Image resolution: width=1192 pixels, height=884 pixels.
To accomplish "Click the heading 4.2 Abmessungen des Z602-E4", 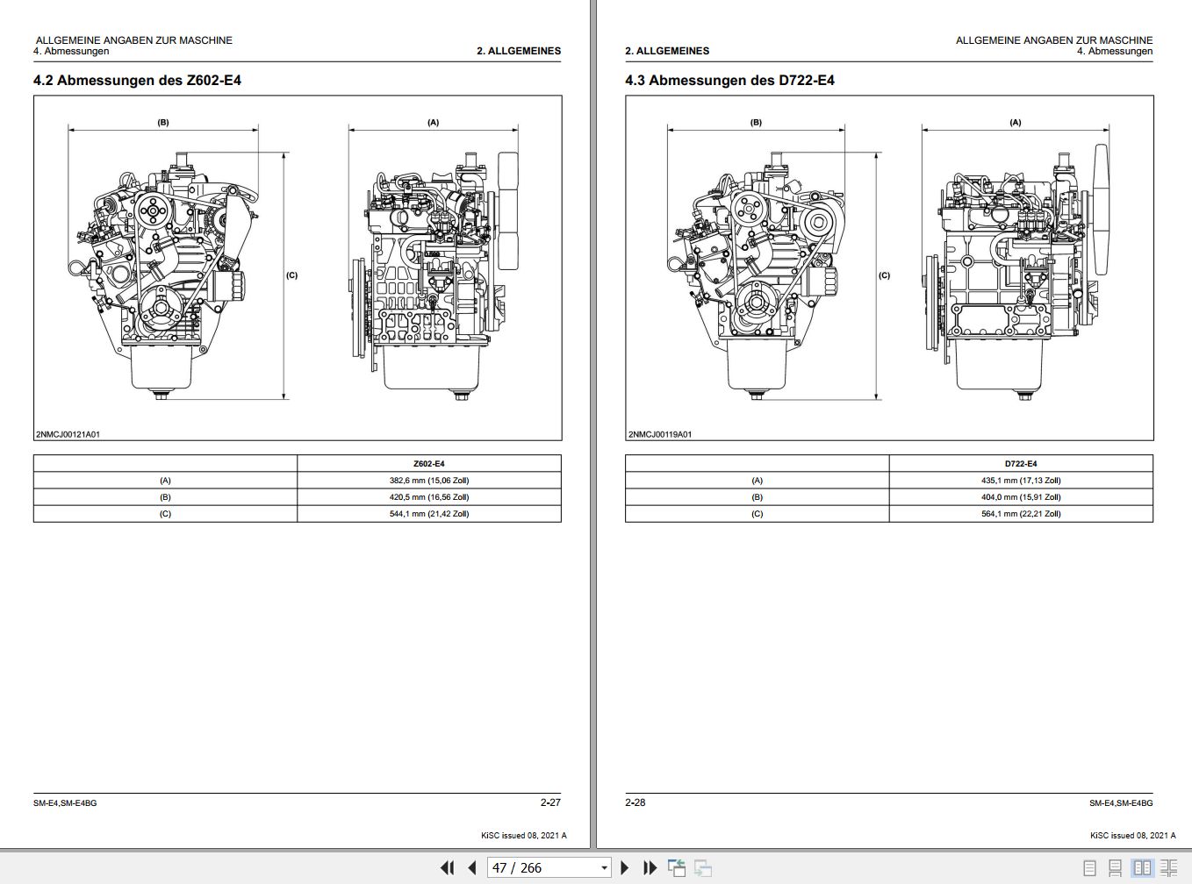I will click(137, 81).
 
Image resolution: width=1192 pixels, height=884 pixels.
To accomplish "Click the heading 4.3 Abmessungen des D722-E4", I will click(729, 81).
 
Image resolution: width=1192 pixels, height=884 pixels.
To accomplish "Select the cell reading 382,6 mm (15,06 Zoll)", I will click(428, 481).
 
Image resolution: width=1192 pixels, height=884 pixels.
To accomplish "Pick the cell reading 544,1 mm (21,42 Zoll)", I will click(428, 514).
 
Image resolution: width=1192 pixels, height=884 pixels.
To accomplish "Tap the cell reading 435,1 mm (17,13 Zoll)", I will click(1020, 481).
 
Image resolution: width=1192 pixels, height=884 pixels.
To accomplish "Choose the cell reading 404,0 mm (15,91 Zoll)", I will click(1020, 497).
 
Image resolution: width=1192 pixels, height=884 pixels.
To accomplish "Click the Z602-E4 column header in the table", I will click(428, 464).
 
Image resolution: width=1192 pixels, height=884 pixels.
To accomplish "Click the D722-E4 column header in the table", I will click(1020, 464).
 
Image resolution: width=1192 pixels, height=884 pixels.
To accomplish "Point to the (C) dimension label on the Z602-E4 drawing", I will click(291, 275).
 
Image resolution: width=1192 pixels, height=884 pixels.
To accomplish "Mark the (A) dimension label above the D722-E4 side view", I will click(1015, 123).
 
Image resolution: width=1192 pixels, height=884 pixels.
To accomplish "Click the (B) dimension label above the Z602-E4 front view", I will click(163, 123).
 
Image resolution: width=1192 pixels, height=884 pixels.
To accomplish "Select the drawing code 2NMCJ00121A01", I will click(68, 434).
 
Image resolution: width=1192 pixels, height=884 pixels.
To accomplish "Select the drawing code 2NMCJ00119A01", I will click(660, 434).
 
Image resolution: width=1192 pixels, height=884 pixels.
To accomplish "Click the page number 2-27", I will click(549, 802).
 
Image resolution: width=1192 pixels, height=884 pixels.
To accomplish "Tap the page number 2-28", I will click(635, 802).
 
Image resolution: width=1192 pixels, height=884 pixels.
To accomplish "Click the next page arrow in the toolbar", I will click(625, 867).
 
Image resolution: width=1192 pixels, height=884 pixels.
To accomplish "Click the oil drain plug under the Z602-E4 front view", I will click(162, 396).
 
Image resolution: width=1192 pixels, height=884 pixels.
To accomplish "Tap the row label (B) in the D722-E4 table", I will click(757, 497).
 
